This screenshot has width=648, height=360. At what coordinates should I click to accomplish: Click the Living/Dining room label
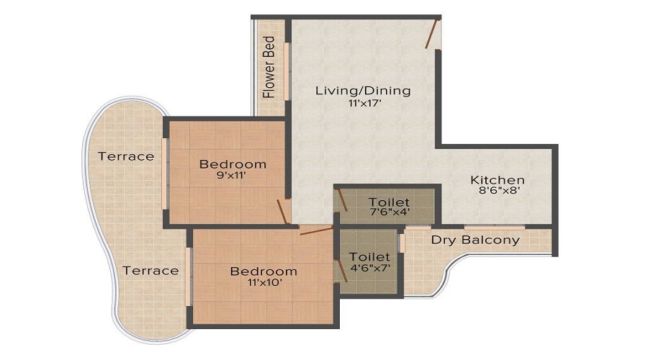pos(363,91)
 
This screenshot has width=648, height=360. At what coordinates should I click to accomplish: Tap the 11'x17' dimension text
pos(363,104)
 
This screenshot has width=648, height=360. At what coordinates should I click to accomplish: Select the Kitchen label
pos(498,180)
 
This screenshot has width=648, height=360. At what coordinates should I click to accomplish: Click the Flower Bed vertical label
pos(269,67)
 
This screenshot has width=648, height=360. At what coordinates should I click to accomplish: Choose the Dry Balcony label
pos(475,240)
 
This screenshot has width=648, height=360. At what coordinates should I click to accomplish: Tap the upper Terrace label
pos(126,156)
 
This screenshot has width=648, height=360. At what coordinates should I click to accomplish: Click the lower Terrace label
pos(150,271)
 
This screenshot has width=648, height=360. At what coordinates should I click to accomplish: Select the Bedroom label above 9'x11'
pos(233,164)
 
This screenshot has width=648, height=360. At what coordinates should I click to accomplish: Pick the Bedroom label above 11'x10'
pos(264,271)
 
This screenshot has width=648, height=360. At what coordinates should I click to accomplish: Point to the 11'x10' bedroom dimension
pos(264,283)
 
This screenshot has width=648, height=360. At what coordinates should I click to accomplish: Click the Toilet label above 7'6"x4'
pos(389,202)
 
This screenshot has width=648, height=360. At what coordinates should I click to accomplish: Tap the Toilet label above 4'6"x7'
pos(369,257)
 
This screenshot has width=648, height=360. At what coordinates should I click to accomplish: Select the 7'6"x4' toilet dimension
pos(389,214)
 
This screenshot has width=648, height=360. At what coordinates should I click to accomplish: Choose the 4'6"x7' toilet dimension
pos(369,269)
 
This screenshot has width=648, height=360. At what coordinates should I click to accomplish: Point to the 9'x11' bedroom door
pos(284,212)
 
